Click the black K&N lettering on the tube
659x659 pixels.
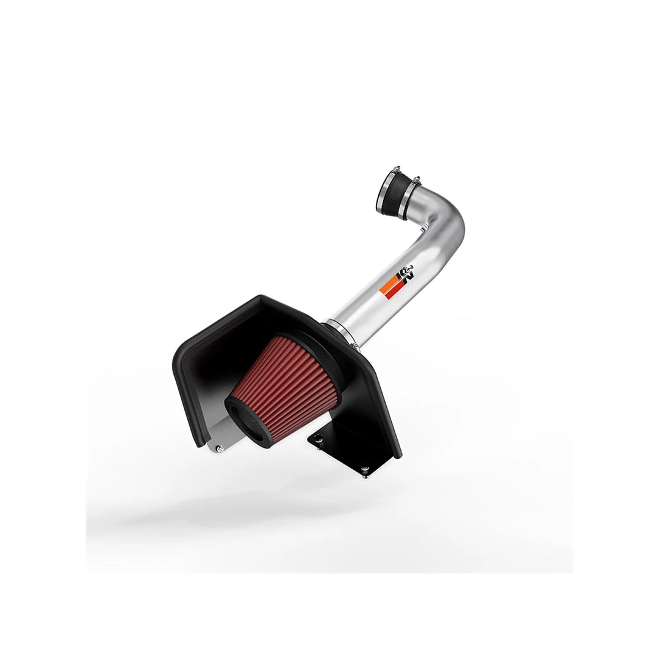[405, 275]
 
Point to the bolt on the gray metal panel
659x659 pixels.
[220, 448]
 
